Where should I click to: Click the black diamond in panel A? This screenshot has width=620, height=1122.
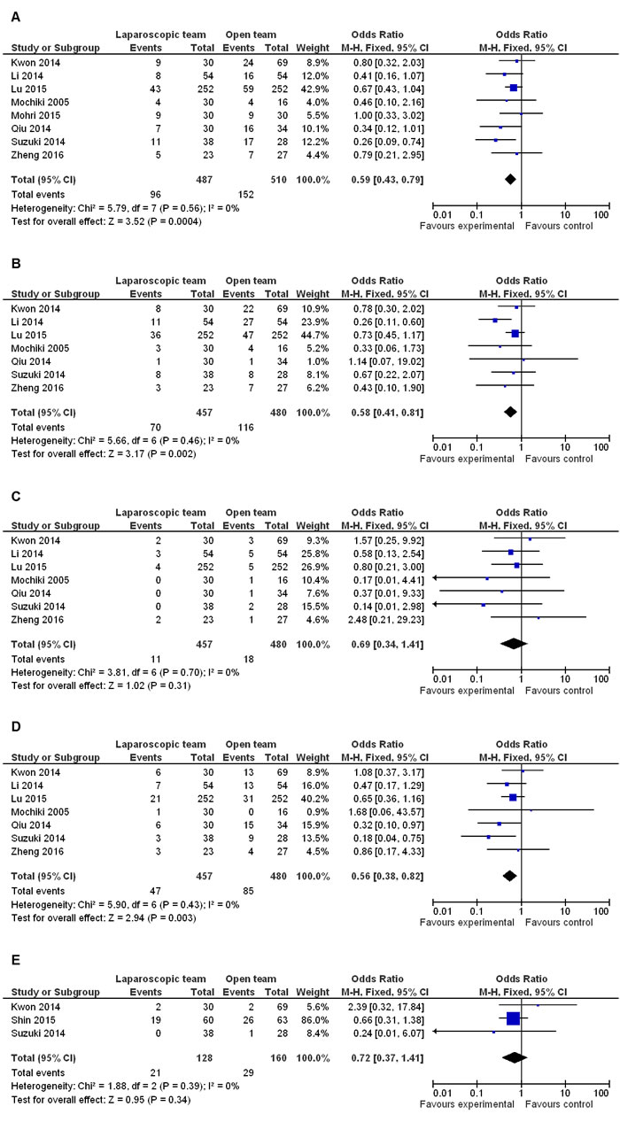click(510, 180)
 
